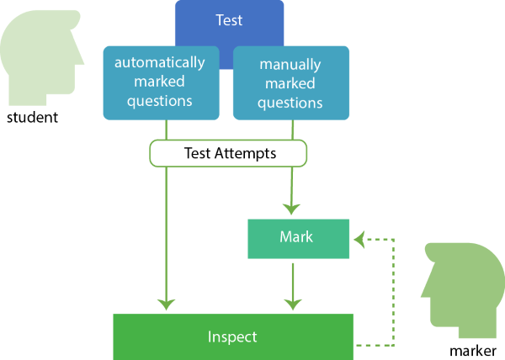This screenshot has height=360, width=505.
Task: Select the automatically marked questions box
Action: tap(160, 82)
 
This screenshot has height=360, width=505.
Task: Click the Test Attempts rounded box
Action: tap(228, 153)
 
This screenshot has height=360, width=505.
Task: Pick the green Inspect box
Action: tap(233, 336)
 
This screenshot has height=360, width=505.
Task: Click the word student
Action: tap(32, 118)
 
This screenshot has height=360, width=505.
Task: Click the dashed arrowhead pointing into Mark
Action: tap(359, 239)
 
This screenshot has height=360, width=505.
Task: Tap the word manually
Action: tap(290, 64)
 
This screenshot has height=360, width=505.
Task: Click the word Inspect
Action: tap(232, 336)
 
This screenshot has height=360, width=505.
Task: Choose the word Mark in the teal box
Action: tap(295, 238)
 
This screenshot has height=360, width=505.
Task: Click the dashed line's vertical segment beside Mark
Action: tap(394, 290)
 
